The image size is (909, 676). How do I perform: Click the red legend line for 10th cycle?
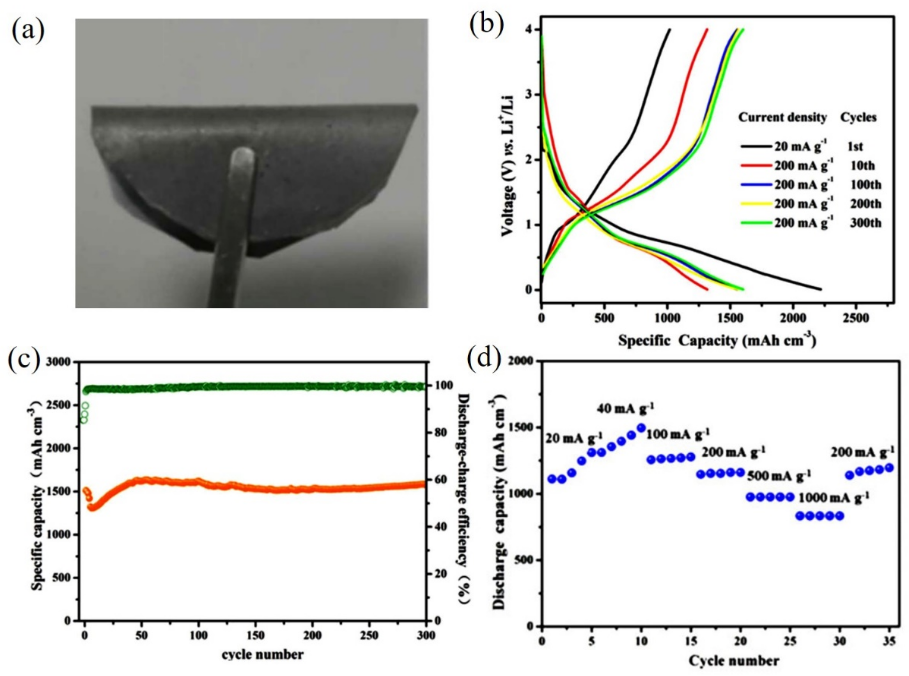point(756,166)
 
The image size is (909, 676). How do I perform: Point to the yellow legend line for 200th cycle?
point(756,204)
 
